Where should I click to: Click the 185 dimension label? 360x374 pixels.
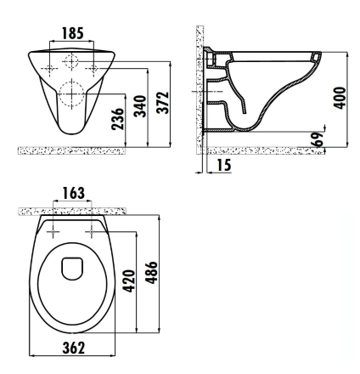click(73, 33)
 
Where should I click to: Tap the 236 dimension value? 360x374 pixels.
click(118, 119)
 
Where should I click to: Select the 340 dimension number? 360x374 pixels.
click(140, 106)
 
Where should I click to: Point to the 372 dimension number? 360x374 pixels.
click(163, 103)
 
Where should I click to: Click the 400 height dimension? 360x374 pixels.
click(340, 98)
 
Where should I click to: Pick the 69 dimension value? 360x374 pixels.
click(317, 139)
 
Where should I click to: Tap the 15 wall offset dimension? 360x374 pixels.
click(224, 165)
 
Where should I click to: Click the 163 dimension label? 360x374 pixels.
click(73, 193)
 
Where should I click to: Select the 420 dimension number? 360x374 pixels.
click(129, 280)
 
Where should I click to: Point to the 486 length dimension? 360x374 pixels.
click(151, 272)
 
